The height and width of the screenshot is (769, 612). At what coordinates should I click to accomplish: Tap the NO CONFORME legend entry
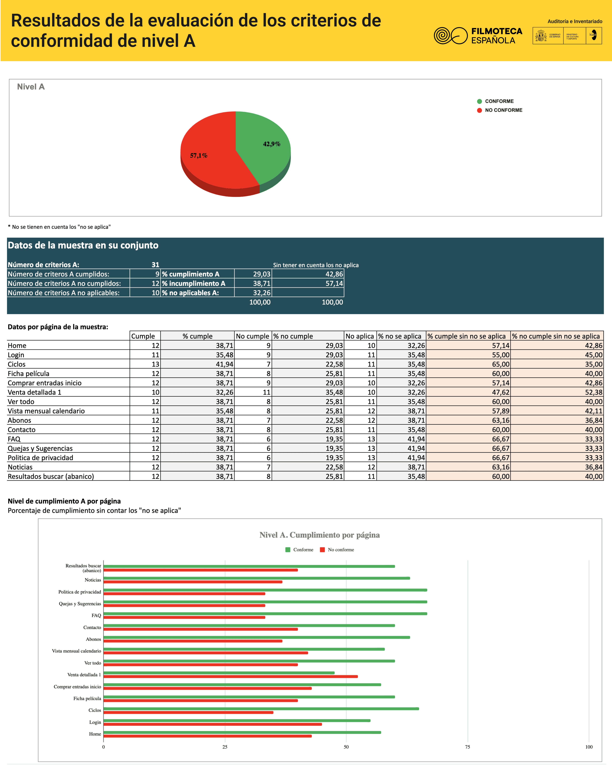[x=503, y=110]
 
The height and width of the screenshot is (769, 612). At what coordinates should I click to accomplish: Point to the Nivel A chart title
[x=31, y=87]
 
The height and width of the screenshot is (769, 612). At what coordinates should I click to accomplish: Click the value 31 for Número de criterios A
[x=155, y=265]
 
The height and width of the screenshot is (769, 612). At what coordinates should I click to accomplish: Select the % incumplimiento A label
[x=194, y=283]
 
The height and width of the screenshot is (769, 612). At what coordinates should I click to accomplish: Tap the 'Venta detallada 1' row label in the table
[x=35, y=392]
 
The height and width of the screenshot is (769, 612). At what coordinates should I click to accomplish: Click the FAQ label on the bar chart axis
[x=96, y=615]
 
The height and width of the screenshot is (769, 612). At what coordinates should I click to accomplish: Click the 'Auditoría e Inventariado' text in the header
[x=575, y=21]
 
